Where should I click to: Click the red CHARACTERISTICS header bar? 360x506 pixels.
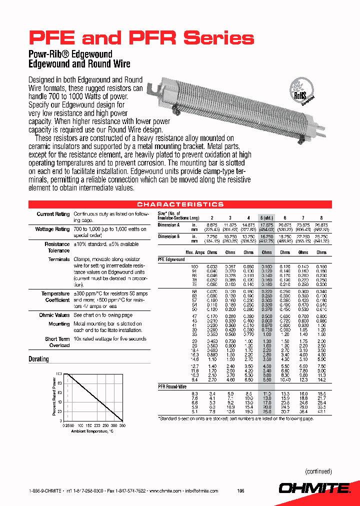[x=180, y=204]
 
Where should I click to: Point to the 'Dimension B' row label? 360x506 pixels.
[x=168, y=236]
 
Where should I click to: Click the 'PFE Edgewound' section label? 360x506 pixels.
[x=171, y=259]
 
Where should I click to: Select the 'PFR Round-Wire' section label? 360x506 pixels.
[x=172, y=387]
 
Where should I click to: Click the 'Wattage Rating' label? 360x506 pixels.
[x=52, y=229]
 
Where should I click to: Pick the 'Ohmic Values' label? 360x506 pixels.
[x=54, y=315]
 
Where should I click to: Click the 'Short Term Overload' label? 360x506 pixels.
[x=57, y=342]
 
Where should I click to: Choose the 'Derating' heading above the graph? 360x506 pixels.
[x=38, y=359]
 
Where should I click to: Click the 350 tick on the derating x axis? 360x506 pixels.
[x=122, y=425]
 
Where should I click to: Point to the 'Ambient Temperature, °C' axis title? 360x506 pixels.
[x=92, y=431]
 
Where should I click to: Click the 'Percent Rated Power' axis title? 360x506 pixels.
[x=53, y=397]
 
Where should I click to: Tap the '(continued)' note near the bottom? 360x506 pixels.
[x=318, y=471]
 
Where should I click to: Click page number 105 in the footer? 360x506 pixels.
[x=241, y=491]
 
